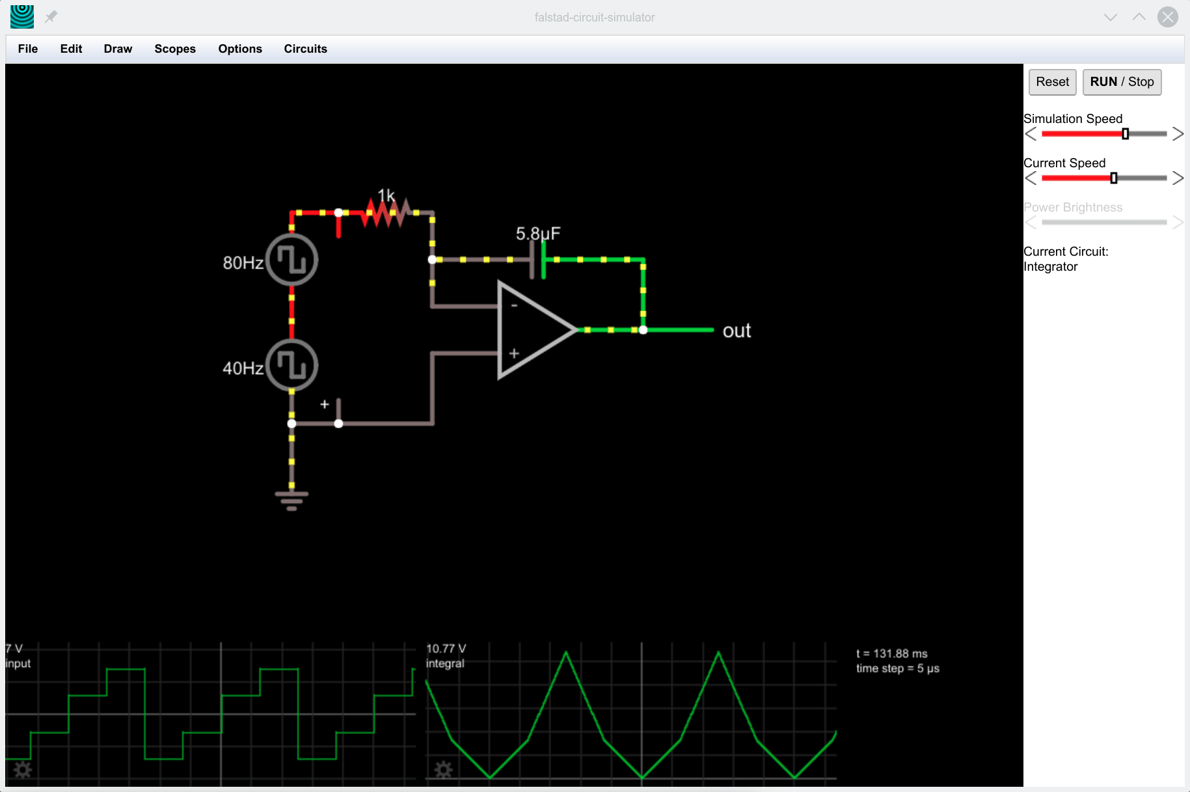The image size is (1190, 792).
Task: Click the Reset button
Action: click(x=1052, y=82)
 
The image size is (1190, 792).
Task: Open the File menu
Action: click(x=28, y=49)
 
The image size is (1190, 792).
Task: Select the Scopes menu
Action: click(x=175, y=49)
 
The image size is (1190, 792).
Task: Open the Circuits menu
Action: click(x=305, y=49)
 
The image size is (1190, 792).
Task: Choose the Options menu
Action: click(x=240, y=49)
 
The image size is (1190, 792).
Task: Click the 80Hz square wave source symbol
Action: click(x=292, y=260)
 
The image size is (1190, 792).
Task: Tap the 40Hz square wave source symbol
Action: click(x=292, y=365)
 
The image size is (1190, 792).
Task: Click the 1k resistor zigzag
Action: click(x=386, y=213)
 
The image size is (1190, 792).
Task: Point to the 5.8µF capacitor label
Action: click(x=537, y=234)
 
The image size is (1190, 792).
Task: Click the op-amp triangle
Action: click(x=530, y=330)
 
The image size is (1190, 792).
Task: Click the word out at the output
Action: click(x=737, y=331)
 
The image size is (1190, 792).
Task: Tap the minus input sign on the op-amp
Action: click(x=514, y=305)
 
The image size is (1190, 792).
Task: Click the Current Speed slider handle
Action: click(x=1114, y=178)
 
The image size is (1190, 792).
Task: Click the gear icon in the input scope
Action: click(x=23, y=771)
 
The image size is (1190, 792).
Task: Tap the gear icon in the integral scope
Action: click(x=444, y=771)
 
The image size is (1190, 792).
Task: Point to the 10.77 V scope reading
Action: click(x=446, y=649)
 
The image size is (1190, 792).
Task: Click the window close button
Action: click(x=1167, y=17)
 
